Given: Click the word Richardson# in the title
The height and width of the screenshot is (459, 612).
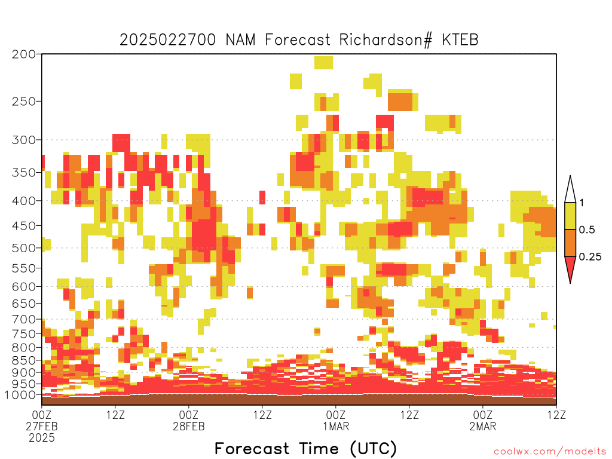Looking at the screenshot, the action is (x=385, y=40).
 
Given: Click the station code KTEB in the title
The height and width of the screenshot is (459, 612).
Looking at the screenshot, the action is (x=460, y=40).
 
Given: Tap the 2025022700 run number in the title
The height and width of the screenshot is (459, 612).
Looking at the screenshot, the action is (x=167, y=40).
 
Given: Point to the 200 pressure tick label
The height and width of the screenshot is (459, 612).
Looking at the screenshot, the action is (x=24, y=54).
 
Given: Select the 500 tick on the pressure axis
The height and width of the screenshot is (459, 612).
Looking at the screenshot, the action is (x=24, y=248).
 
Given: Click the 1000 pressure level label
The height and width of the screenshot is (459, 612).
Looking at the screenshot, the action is (x=20, y=395).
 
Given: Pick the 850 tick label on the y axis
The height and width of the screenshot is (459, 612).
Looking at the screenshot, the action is (x=24, y=360).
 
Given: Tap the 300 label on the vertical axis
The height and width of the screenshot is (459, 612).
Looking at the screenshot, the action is (x=24, y=140).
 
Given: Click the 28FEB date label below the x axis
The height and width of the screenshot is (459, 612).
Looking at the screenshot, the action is (x=188, y=426).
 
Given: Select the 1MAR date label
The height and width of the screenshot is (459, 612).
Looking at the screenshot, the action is (x=336, y=426).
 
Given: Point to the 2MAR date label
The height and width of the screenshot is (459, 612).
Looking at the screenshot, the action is (x=483, y=426).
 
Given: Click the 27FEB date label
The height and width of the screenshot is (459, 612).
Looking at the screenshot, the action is (x=42, y=426).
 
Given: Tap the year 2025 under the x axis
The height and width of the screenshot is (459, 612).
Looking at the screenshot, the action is (x=42, y=438).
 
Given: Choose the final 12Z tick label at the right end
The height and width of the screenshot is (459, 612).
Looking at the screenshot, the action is (x=556, y=415).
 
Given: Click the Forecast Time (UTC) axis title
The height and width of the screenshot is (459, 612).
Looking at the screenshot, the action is (x=305, y=448).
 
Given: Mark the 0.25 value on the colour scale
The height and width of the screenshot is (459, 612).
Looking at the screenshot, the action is (x=590, y=256).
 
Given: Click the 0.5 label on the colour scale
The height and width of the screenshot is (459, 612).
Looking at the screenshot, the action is (x=587, y=229).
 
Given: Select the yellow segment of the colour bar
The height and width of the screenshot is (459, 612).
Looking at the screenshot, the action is (x=570, y=216).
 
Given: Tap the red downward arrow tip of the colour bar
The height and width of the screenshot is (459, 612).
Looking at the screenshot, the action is (x=570, y=283).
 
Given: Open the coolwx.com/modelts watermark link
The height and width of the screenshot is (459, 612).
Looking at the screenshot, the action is (x=550, y=452).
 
